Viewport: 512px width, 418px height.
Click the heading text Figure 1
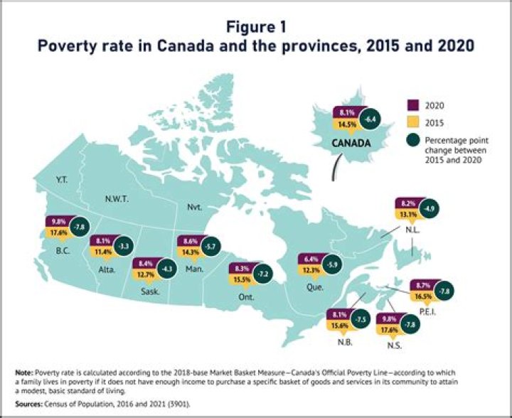tap(257, 27)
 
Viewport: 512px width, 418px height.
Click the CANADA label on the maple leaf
tap(351, 143)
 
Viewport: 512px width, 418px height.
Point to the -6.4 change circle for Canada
tap(370, 120)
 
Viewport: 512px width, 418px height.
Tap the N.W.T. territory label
tap(114, 199)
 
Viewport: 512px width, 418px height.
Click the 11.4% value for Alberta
tap(101, 251)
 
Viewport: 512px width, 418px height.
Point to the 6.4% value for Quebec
tap(310, 258)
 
